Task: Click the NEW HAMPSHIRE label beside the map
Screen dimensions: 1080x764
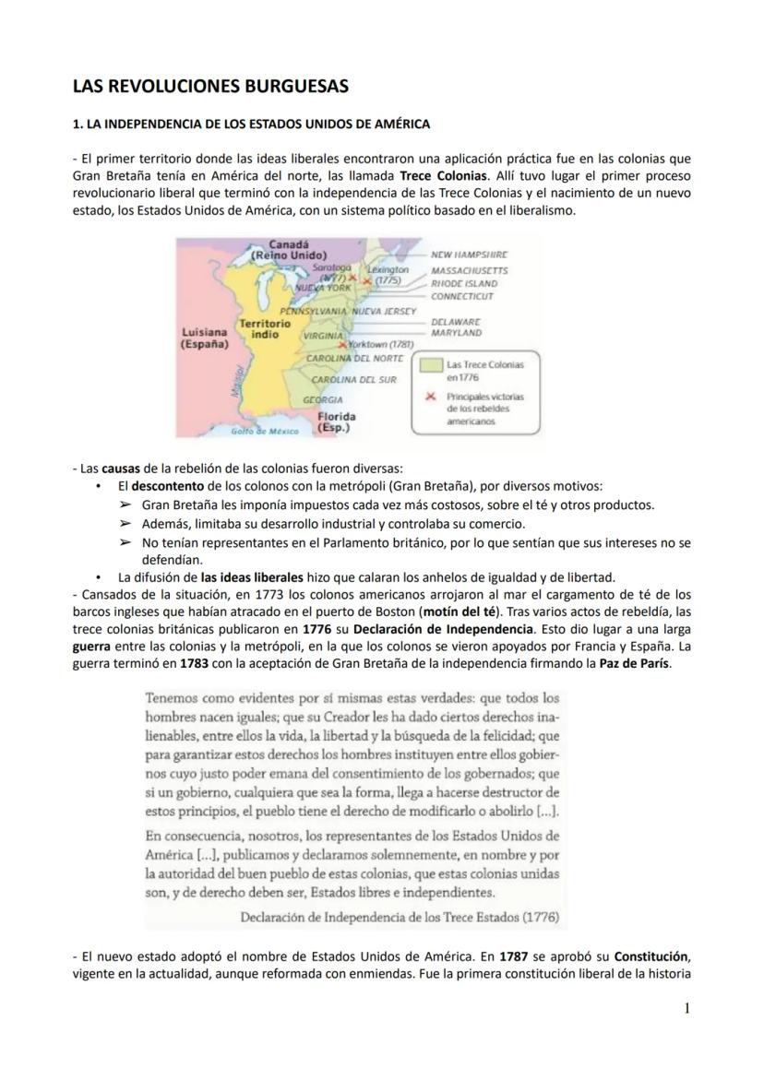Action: pyautogui.click(x=470, y=253)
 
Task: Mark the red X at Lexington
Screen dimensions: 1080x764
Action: pyautogui.click(x=366, y=279)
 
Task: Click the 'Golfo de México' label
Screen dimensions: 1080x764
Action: pyautogui.click(x=264, y=431)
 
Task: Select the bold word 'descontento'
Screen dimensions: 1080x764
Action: pyautogui.click(x=170, y=486)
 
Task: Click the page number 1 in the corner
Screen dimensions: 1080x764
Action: pyautogui.click(x=686, y=1009)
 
